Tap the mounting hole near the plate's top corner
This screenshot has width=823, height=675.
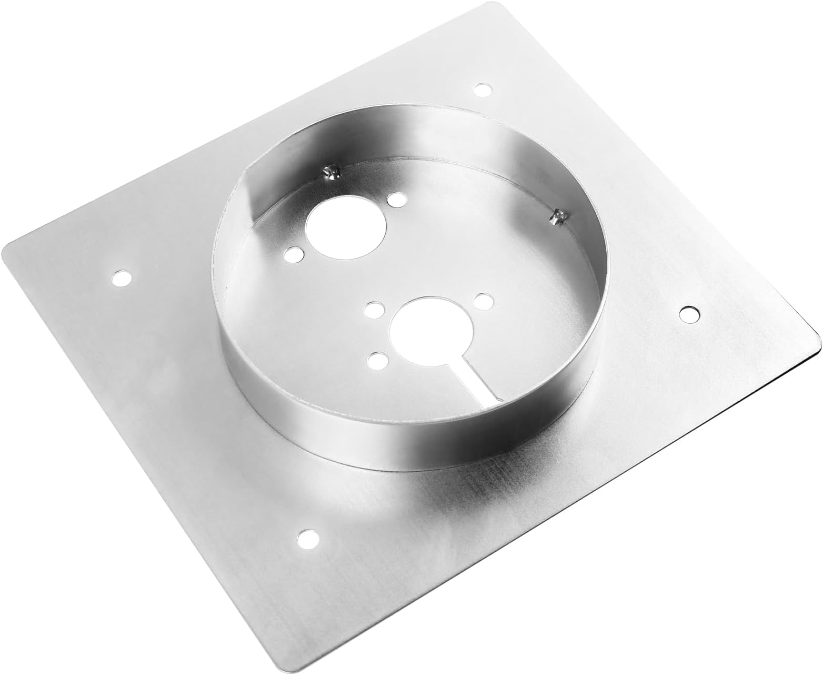coord(482,90)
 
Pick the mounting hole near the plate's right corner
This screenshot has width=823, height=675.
coord(690,313)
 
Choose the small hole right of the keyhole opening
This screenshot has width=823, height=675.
coord(483,301)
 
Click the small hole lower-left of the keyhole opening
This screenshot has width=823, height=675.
coord(377,361)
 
